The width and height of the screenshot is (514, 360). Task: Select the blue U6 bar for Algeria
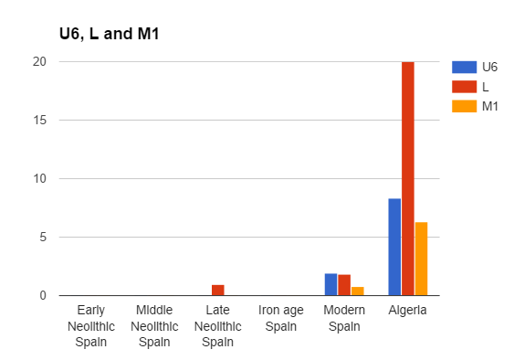point(394,247)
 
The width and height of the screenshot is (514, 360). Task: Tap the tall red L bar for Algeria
point(407,178)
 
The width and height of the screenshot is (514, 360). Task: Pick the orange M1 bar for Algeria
point(421,259)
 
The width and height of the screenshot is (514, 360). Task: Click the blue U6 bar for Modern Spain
point(330,284)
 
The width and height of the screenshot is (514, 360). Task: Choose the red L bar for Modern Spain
point(344,285)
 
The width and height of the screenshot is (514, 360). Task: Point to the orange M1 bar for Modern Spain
point(357,291)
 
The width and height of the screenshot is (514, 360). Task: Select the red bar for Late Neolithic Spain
point(217,290)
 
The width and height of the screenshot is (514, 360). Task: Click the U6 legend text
point(489,67)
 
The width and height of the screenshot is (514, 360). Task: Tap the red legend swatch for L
point(465,87)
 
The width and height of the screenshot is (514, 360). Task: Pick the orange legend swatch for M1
point(465,107)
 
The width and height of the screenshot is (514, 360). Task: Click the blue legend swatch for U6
point(465,67)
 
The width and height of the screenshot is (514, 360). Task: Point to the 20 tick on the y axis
point(39,61)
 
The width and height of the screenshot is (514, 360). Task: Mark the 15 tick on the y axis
point(39,120)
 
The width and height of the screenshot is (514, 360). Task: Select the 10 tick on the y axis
point(39,178)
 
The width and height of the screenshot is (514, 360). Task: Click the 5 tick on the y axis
point(42,237)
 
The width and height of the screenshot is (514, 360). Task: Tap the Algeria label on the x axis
point(407,311)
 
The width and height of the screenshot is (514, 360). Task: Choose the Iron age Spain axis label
point(280,318)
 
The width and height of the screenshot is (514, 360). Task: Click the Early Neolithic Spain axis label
point(90,326)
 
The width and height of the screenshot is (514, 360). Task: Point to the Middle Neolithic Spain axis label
point(154,326)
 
